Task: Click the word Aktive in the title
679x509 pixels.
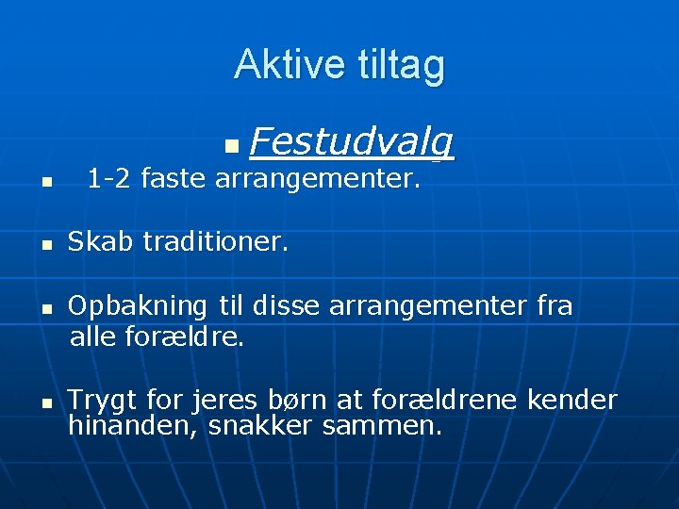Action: (290, 65)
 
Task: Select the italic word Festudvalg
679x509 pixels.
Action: (353, 142)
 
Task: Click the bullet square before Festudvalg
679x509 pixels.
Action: (232, 148)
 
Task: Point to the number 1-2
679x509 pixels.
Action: (109, 177)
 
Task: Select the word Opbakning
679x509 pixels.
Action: (138, 306)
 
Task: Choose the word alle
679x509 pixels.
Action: (92, 336)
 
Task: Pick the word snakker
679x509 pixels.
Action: (261, 426)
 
